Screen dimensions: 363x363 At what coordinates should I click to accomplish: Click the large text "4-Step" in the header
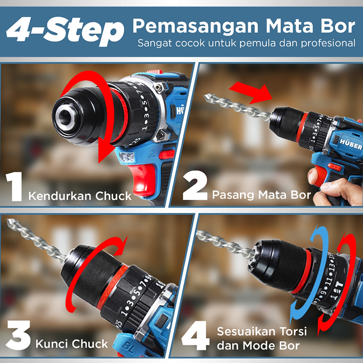coord(65,31)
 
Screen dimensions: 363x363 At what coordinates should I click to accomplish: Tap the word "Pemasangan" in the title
coord(196,26)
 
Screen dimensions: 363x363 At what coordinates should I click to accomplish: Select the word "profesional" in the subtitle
coord(328,43)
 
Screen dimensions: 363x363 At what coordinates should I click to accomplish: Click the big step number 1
coord(15,186)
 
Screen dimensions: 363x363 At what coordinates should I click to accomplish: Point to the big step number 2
coord(195,185)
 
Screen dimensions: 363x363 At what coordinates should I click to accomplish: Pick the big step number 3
coord(18,335)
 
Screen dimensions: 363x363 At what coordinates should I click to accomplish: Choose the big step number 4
coord(195,335)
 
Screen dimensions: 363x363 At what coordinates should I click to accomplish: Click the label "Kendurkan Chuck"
coord(80,196)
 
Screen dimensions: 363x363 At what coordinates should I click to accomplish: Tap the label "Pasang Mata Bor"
coord(261,195)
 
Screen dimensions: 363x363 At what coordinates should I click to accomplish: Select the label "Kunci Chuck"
coord(72,344)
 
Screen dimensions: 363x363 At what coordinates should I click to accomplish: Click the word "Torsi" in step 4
coord(293,332)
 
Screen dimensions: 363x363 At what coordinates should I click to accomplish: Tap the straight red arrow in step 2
coord(251,92)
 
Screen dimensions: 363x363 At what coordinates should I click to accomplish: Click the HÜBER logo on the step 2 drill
coord(350,144)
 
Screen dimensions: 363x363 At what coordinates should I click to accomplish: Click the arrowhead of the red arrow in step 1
coord(106,151)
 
